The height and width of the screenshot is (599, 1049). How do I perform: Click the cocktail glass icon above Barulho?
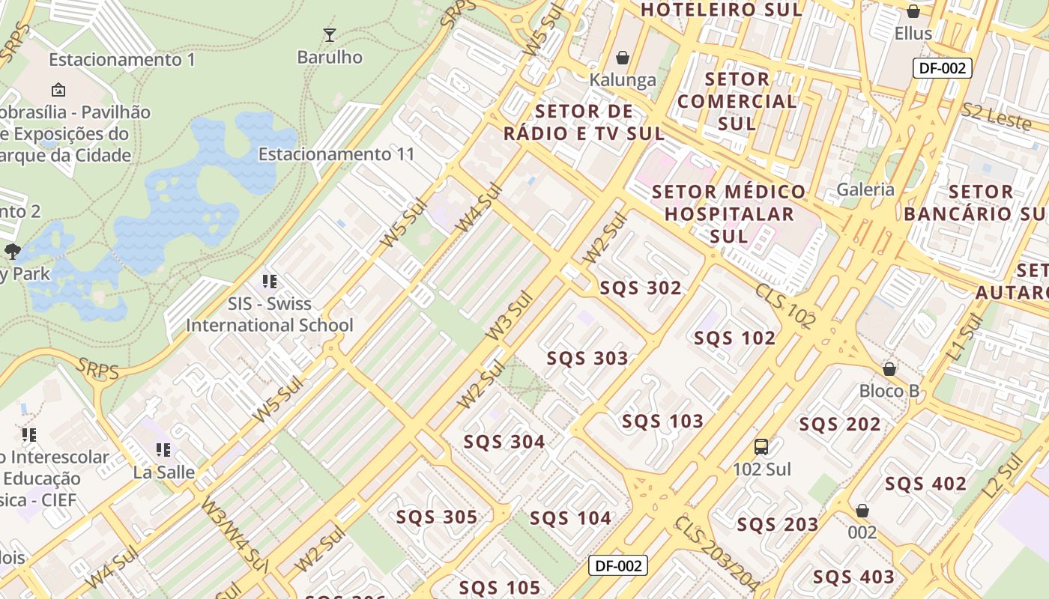[329, 34]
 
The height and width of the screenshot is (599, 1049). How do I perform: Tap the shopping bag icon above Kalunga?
[622, 58]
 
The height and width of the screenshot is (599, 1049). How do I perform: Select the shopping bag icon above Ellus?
[913, 11]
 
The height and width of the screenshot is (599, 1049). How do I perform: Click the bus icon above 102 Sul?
[761, 447]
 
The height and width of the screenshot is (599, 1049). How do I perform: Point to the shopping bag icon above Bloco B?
[889, 369]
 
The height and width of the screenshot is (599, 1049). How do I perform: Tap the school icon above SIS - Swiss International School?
[270, 282]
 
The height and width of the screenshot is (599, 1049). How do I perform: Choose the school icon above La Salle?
[163, 450]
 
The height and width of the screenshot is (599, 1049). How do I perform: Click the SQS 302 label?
[641, 288]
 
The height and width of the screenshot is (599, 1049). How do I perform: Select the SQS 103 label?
[662, 422]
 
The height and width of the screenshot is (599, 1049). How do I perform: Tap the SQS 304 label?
[504, 442]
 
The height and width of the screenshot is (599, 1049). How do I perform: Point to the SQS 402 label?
[925, 484]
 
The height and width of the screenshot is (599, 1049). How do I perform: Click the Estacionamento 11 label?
[336, 154]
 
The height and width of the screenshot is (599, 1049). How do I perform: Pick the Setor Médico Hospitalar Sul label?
[729, 213]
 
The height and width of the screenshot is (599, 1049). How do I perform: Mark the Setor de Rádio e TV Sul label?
[584, 123]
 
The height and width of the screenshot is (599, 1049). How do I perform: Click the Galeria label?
[865, 189]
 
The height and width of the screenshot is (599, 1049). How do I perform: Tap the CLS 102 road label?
[785, 305]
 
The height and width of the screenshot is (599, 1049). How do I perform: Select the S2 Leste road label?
[997, 116]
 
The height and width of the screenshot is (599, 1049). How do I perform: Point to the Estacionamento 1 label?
[122, 59]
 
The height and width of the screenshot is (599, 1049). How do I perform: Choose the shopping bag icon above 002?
[862, 511]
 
